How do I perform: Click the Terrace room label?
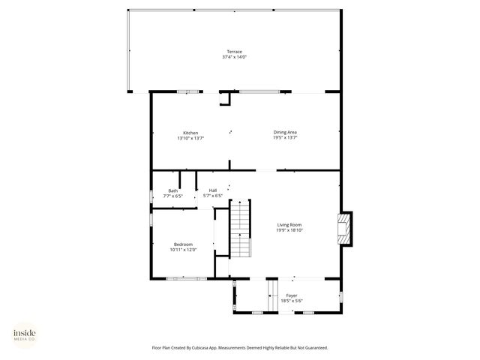pyautogui.click(x=235, y=52)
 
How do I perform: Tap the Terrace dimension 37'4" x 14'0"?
pyautogui.click(x=235, y=57)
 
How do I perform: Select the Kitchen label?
pyautogui.click(x=190, y=133)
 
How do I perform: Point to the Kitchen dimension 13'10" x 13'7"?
pyautogui.click(x=190, y=138)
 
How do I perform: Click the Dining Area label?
pyautogui.click(x=285, y=133)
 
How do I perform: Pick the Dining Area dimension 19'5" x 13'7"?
pyautogui.click(x=285, y=138)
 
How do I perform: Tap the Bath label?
pyautogui.click(x=172, y=190)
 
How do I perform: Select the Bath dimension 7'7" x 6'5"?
pyautogui.click(x=172, y=196)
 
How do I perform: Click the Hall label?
pyautogui.click(x=213, y=190)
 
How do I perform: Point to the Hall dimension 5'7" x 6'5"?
pyautogui.click(x=213, y=196)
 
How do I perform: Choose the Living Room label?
pyautogui.click(x=289, y=224)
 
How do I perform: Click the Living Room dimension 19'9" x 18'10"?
pyautogui.click(x=289, y=229)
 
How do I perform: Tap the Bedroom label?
pyautogui.click(x=183, y=244)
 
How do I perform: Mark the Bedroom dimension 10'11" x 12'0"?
pyautogui.click(x=183, y=250)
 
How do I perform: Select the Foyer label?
pyautogui.click(x=292, y=295)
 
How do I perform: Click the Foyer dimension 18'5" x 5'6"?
pyautogui.click(x=292, y=301)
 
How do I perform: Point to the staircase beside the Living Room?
pyautogui.click(x=239, y=229)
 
